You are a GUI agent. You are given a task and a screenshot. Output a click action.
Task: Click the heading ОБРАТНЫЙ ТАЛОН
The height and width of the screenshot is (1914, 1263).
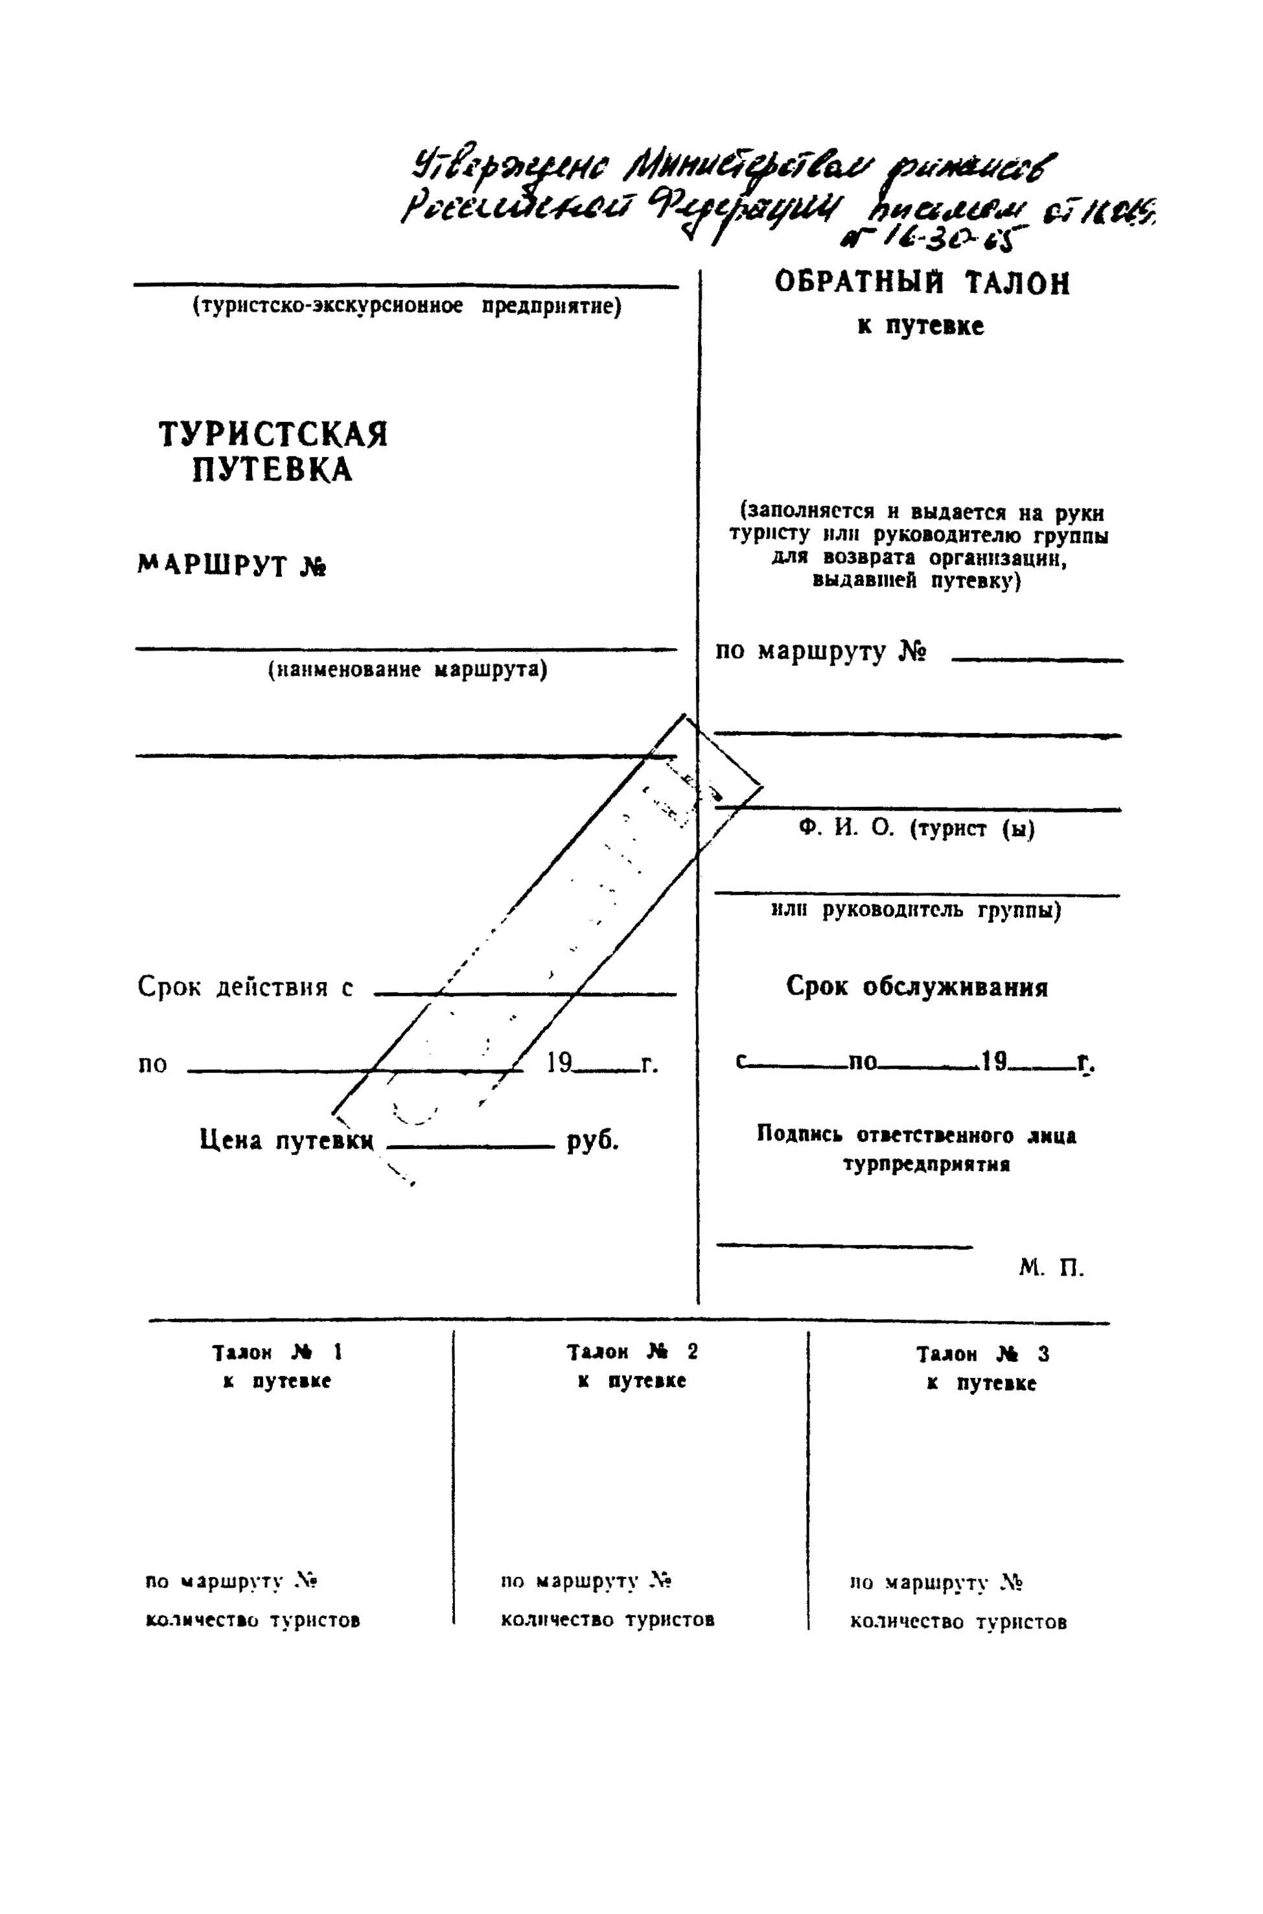[x=922, y=283]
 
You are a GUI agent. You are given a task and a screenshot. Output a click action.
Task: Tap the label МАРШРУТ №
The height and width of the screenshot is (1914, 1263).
[x=231, y=565]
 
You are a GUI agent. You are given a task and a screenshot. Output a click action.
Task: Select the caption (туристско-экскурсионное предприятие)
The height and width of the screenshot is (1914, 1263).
[x=407, y=307]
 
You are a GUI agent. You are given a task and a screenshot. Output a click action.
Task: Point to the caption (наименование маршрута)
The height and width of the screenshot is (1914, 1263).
[x=407, y=670]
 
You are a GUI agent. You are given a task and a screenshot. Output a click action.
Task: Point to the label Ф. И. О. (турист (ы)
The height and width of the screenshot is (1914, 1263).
[x=917, y=829]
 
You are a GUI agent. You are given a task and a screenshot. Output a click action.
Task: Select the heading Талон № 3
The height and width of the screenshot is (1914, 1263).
[x=982, y=1354]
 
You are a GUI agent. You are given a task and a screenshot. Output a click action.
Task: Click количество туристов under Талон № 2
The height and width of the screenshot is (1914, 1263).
[x=607, y=1619]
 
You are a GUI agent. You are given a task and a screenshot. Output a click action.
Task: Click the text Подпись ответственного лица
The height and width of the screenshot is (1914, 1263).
[x=916, y=1136]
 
